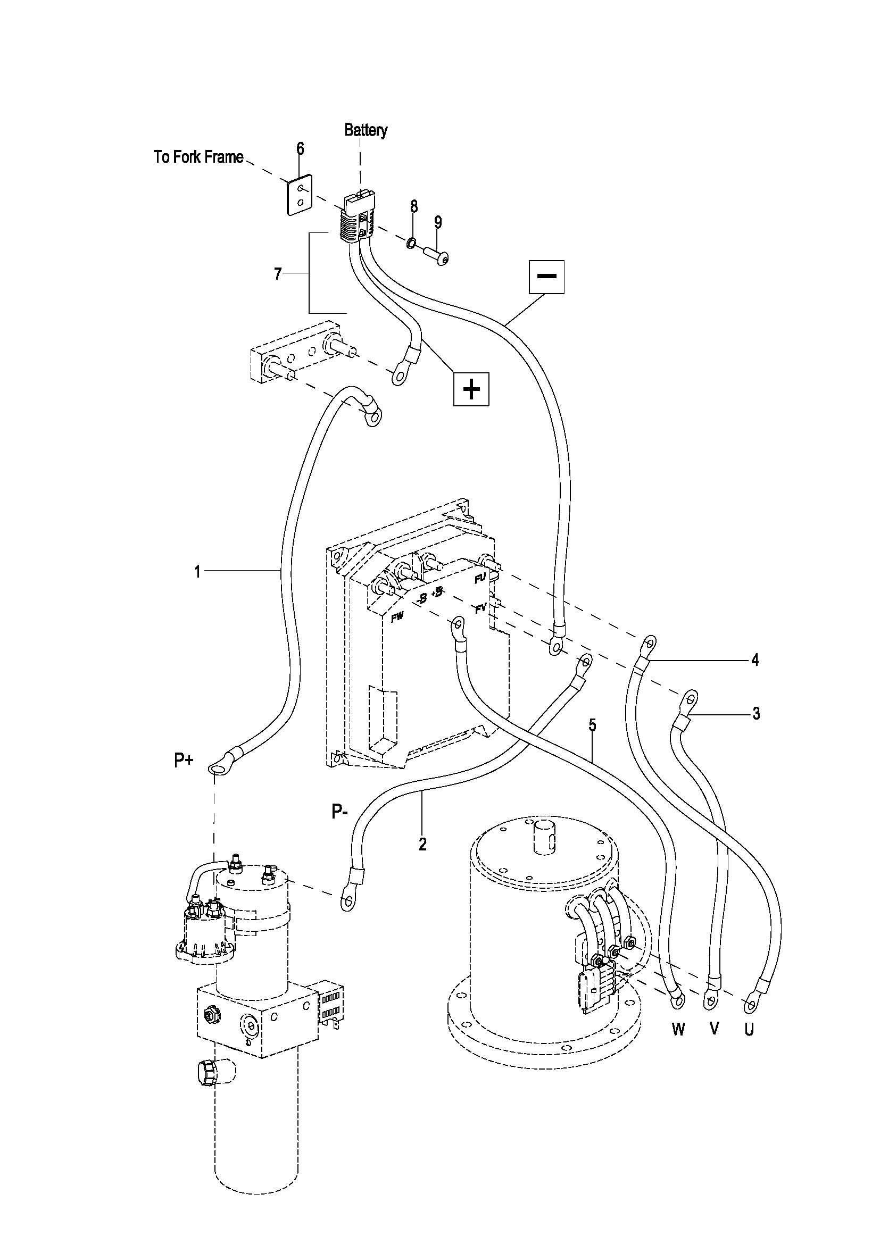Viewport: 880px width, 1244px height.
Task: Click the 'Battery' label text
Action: (366, 131)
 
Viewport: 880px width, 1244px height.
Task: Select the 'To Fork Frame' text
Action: (198, 157)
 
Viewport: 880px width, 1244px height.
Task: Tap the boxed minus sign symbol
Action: (546, 277)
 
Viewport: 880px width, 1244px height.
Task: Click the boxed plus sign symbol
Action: (471, 388)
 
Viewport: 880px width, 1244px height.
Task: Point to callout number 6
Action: (300, 148)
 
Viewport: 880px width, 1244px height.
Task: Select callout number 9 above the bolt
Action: (438, 222)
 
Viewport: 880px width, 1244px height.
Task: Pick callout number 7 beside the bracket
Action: (278, 274)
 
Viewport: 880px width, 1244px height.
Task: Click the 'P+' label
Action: (184, 761)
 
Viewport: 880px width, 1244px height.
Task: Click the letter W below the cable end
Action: (678, 1030)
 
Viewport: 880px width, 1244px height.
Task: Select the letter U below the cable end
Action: (749, 1029)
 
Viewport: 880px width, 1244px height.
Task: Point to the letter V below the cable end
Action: (713, 1029)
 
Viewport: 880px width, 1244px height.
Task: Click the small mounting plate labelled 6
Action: (300, 195)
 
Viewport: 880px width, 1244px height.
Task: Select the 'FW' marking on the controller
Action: (397, 617)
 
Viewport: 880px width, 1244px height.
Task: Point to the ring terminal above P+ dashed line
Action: (215, 768)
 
